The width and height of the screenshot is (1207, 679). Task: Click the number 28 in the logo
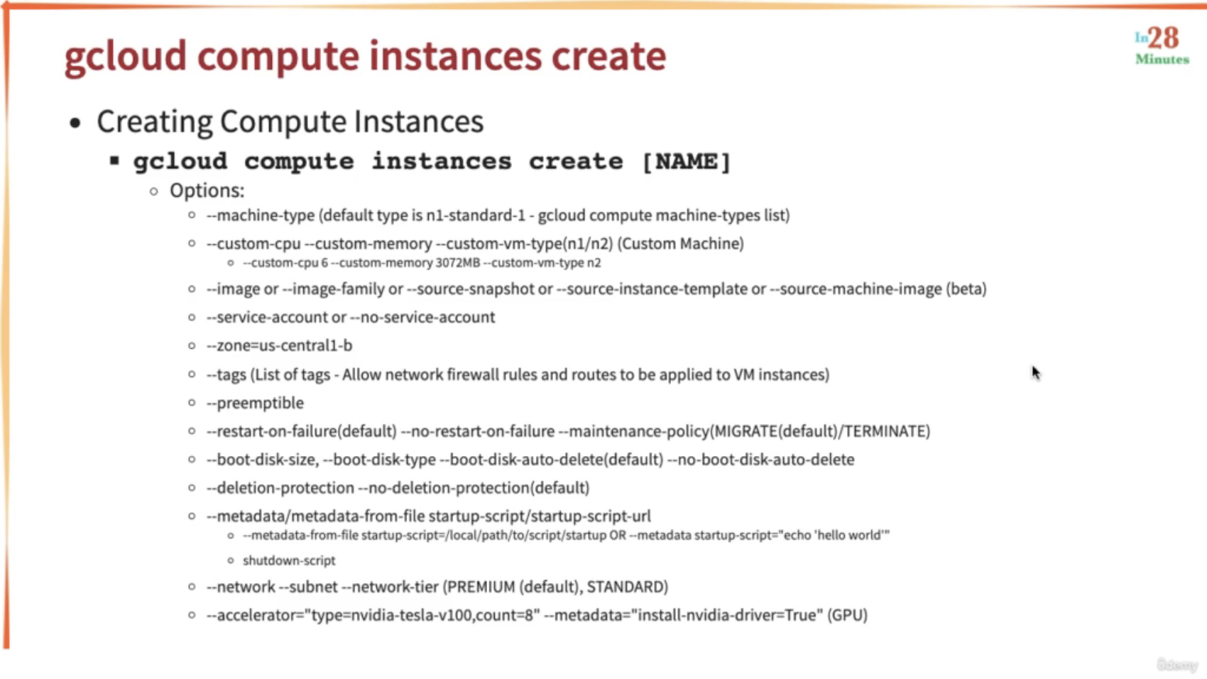click(x=1164, y=38)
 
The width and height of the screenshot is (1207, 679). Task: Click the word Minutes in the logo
click(x=1162, y=59)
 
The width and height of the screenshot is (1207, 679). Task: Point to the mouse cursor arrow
click(x=1036, y=373)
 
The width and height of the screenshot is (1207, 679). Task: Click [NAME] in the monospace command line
click(x=687, y=162)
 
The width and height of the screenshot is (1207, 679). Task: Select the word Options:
click(x=207, y=191)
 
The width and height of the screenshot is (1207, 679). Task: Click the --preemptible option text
click(x=256, y=403)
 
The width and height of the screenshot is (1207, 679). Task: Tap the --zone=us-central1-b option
click(x=280, y=345)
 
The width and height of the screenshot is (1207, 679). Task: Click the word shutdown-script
click(x=290, y=560)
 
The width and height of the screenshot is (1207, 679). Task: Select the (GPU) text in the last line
click(x=848, y=615)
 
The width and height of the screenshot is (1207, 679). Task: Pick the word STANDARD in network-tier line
click(x=625, y=586)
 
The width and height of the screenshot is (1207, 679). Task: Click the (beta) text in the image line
click(x=966, y=289)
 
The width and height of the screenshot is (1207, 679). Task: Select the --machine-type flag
click(x=261, y=215)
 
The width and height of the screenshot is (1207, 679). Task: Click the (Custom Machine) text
click(x=681, y=244)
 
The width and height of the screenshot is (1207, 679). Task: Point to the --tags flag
click(x=226, y=374)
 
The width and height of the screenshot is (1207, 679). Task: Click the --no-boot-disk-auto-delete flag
click(x=761, y=460)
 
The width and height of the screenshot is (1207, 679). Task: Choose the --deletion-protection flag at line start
click(x=280, y=488)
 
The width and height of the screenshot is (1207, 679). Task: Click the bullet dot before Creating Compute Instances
click(x=75, y=124)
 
